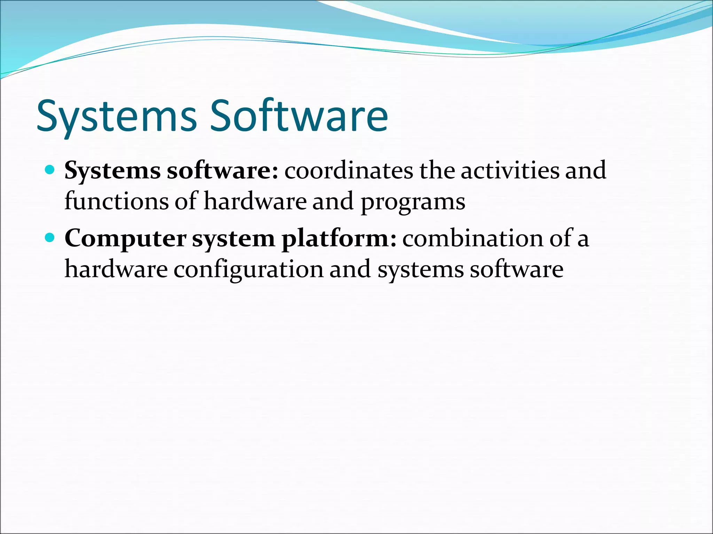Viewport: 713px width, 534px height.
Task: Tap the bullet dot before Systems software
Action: [50, 170]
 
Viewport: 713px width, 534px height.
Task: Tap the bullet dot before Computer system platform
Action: [50, 238]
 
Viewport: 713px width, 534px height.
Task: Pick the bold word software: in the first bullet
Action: [222, 171]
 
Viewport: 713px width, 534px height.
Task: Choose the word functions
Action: [117, 201]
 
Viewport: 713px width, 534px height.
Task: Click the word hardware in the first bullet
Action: [255, 201]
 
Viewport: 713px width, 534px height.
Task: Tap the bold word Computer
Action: [125, 239]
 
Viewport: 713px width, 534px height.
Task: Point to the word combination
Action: [473, 239]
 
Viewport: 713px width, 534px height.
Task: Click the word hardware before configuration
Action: [116, 269]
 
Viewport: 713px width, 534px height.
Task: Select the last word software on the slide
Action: [517, 269]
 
